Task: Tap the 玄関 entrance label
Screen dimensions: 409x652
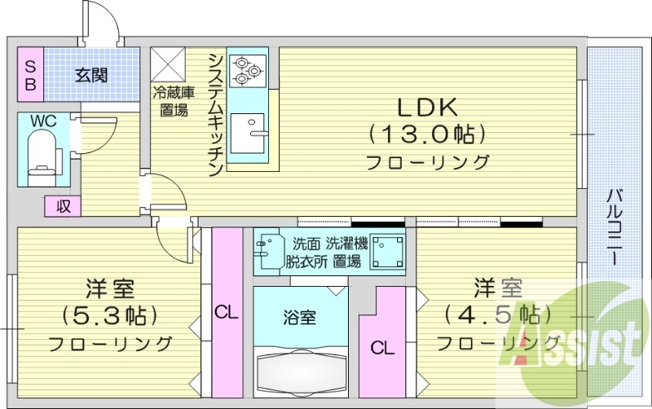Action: click(x=90, y=76)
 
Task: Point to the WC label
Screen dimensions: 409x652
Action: click(x=42, y=121)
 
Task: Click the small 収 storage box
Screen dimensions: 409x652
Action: click(x=63, y=206)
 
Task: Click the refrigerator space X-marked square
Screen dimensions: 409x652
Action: click(x=170, y=64)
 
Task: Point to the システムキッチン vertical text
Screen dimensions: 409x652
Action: click(x=215, y=115)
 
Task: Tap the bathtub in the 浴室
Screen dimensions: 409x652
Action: click(x=300, y=370)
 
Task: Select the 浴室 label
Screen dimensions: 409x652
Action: click(x=301, y=317)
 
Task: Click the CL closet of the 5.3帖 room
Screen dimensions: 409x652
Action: click(x=227, y=312)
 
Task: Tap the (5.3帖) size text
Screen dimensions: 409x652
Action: click(x=109, y=315)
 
